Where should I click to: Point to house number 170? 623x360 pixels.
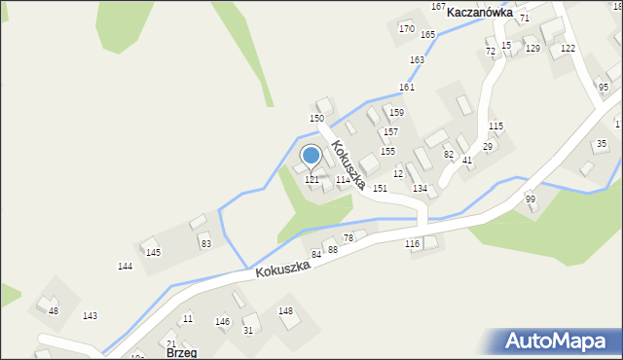click(406, 28)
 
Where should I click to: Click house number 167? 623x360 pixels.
click(438, 6)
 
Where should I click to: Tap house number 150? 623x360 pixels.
click(316, 118)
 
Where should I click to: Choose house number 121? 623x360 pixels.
click(312, 180)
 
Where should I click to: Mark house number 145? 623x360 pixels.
click(153, 253)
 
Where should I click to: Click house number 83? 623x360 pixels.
click(205, 243)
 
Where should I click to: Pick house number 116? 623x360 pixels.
click(412, 243)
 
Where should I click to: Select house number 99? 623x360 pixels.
click(531, 199)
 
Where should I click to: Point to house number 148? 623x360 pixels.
click(285, 311)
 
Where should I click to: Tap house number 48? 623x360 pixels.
click(54, 311)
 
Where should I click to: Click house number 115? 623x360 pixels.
click(495, 126)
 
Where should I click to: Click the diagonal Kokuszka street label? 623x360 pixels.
click(348, 164)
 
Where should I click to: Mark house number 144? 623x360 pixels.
click(125, 267)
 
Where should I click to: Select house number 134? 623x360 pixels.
click(420, 188)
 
